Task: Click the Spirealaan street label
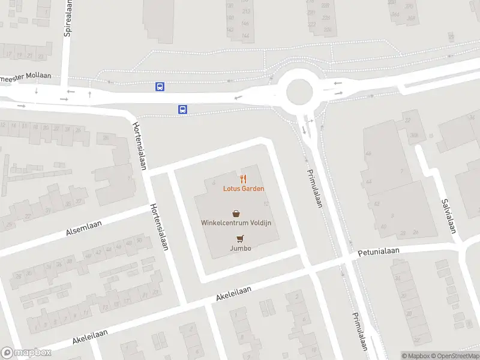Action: click(x=68, y=18)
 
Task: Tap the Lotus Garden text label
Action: click(x=243, y=188)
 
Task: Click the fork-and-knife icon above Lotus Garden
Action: click(x=243, y=178)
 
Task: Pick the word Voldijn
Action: click(x=261, y=223)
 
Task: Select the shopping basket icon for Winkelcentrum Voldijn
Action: click(x=236, y=212)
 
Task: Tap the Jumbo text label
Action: click(x=240, y=248)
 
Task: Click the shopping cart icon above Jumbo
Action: click(x=240, y=238)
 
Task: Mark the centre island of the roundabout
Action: click(x=300, y=92)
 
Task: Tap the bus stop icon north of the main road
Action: click(x=160, y=86)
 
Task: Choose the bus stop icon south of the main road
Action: click(x=182, y=109)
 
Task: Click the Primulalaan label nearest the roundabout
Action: click(x=315, y=187)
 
